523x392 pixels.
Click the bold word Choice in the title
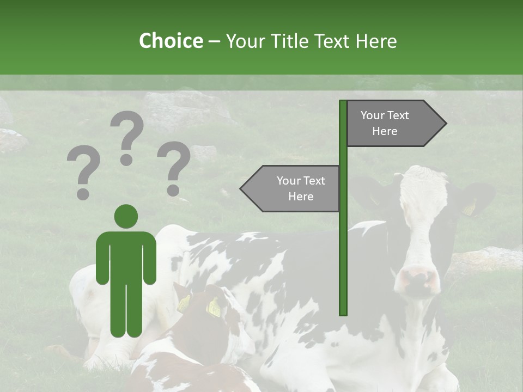coord(171,41)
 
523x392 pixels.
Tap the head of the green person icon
coord(126,216)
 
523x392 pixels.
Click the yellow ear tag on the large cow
coord(469,209)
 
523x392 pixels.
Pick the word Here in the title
coord(376,41)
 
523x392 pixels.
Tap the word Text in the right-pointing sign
coord(398,115)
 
